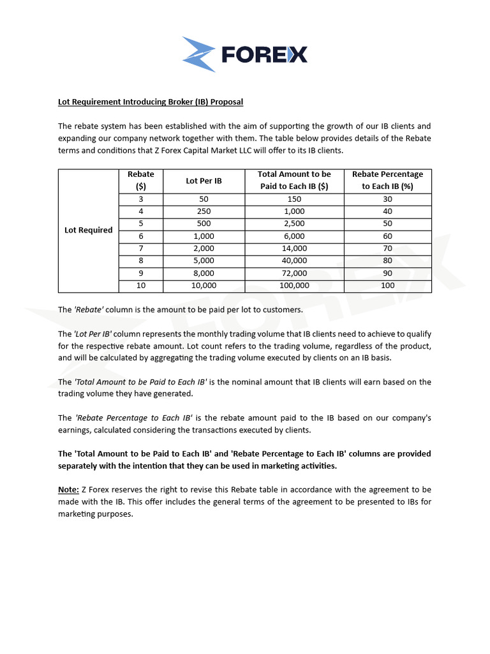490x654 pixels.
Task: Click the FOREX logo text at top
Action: coord(264,54)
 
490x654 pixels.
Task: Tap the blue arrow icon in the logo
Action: coord(199,54)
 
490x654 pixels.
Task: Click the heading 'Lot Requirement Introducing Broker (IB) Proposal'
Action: coord(151,102)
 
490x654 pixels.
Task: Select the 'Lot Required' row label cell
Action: coord(89,230)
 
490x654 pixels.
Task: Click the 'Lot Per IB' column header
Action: coord(204,181)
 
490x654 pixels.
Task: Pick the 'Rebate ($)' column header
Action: coord(141,180)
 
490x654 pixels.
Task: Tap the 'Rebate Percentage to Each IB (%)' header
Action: coord(387,180)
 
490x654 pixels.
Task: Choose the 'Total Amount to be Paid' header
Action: coord(294,180)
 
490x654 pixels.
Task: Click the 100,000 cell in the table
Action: coord(294,285)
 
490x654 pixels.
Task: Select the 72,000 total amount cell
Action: coord(294,273)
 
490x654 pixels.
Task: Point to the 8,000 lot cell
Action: coord(204,273)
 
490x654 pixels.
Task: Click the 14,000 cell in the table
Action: coord(294,248)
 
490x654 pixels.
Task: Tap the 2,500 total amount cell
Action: coord(294,224)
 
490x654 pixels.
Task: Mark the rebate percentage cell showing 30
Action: coord(387,199)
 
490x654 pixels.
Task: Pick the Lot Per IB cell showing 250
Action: coord(204,211)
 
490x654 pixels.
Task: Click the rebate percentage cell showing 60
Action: coord(387,236)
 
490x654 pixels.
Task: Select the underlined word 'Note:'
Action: coord(68,490)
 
